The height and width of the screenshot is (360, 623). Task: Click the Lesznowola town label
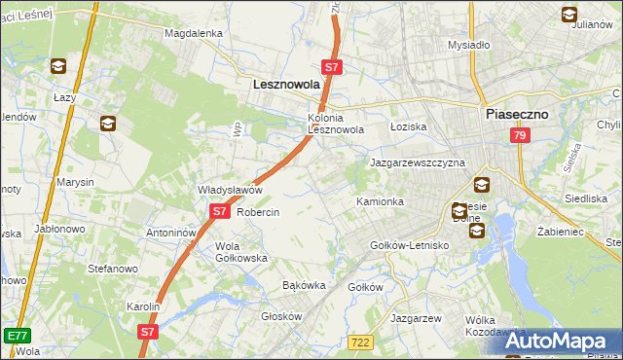click(x=286, y=86)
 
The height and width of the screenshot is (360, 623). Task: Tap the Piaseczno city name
click(x=517, y=114)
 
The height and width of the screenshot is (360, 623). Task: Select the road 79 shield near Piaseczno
click(x=519, y=136)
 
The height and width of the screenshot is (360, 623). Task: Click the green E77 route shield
click(x=16, y=335)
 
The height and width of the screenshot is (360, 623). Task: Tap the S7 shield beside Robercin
click(x=220, y=210)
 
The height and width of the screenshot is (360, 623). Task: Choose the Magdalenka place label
click(x=194, y=32)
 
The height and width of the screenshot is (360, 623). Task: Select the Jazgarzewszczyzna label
click(x=417, y=162)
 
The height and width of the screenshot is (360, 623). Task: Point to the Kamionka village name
click(x=380, y=201)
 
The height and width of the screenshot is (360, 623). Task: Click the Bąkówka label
click(x=302, y=286)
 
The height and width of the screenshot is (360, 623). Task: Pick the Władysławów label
click(x=231, y=190)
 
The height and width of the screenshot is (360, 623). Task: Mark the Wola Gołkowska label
click(x=241, y=252)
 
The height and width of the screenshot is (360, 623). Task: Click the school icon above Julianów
click(x=569, y=14)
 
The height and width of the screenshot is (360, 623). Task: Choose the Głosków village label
click(x=282, y=316)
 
